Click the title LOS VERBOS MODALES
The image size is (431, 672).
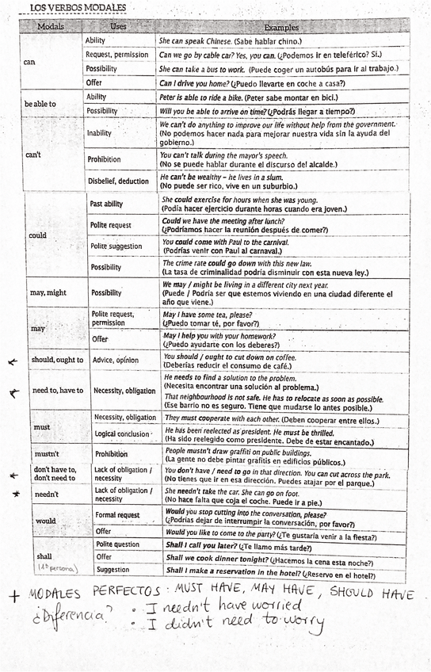coord(77,9)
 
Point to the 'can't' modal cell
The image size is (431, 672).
coord(33,155)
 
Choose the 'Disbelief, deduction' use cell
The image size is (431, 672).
coord(117,181)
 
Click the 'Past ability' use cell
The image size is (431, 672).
coord(106,204)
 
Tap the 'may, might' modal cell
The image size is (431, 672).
coord(48,292)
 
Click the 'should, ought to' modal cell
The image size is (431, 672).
coord(56,360)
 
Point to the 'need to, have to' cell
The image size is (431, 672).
coord(57,391)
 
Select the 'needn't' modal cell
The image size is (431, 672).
coord(46,494)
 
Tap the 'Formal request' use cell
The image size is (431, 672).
coord(117,515)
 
